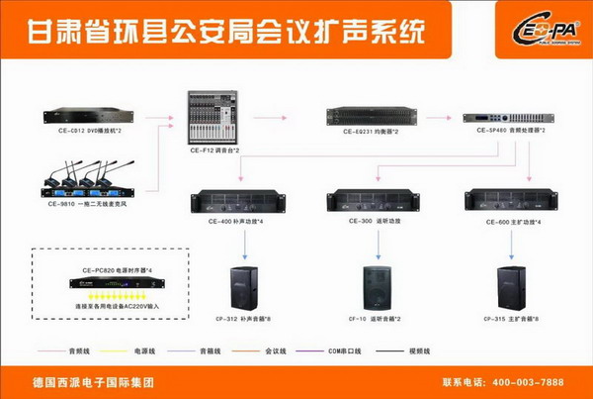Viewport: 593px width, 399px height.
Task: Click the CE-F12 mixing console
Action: pos(214,119)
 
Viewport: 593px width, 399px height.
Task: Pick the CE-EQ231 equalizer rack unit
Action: pos(369,117)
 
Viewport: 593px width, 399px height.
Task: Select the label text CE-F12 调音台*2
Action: pos(215,150)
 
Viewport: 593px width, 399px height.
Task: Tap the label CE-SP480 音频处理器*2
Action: pos(505,132)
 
